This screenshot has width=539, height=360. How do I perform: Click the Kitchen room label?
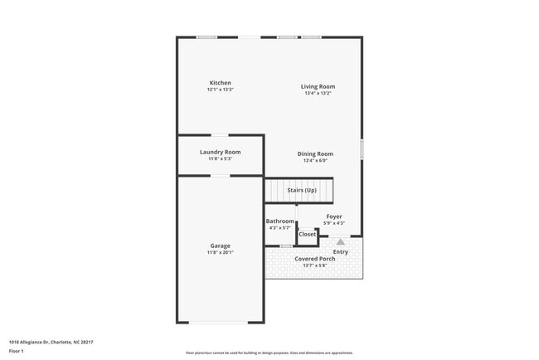[220, 83]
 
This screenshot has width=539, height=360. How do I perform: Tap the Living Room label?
[318, 86]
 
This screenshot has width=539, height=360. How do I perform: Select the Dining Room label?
[315, 153]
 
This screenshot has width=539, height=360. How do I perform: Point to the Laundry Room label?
[220, 152]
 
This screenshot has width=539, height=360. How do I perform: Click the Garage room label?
[220, 246]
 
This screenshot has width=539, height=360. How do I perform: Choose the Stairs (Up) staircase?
[301, 191]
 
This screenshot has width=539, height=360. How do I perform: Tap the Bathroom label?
[279, 221]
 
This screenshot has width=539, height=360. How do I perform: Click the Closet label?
[307, 234]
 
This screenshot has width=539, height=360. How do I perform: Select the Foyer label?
[333, 217]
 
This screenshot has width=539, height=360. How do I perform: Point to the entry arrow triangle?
[340, 241]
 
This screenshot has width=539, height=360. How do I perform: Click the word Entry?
[341, 251]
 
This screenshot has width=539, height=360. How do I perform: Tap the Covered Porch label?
[315, 259]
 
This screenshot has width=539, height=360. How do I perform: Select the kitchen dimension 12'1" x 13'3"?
[220, 90]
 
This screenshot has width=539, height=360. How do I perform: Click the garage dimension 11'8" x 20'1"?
[220, 252]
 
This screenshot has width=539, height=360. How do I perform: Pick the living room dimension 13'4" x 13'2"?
[318, 93]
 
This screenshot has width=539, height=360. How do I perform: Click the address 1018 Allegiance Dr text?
[51, 342]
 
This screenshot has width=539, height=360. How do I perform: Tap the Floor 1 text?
[17, 352]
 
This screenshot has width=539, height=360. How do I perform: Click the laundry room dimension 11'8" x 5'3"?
[220, 158]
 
